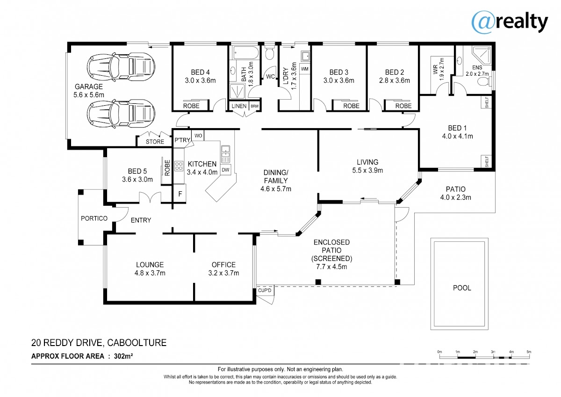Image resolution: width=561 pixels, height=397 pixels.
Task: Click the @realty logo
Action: coord(510,22)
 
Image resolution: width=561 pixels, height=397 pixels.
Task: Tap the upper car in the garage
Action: coord(121,67)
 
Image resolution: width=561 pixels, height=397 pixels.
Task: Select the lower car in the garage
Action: coord(121,114)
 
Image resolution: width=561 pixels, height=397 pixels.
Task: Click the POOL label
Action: coord(462,288)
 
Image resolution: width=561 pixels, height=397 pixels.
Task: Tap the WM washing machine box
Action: coord(305,69)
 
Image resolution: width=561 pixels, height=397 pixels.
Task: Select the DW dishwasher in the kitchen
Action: coord(225,170)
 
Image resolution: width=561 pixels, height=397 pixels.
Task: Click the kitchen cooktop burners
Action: coord(179,166)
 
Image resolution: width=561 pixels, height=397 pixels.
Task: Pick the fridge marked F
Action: coord(180,194)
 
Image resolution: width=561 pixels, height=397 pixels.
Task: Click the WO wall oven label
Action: coord(198,136)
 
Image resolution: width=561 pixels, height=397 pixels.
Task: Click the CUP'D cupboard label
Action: coord(265,290)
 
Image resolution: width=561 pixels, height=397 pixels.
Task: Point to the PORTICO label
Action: coord(94,218)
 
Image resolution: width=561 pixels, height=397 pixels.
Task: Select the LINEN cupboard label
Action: coord(239,106)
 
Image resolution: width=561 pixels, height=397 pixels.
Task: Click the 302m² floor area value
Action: coord(123,356)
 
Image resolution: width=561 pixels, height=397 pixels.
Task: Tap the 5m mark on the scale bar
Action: coord(529,352)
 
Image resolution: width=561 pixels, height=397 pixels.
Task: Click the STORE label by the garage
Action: coord(155,142)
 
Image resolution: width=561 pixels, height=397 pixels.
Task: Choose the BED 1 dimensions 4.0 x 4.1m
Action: coord(457,136)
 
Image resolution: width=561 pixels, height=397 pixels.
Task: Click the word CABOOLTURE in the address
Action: coord(137,343)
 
